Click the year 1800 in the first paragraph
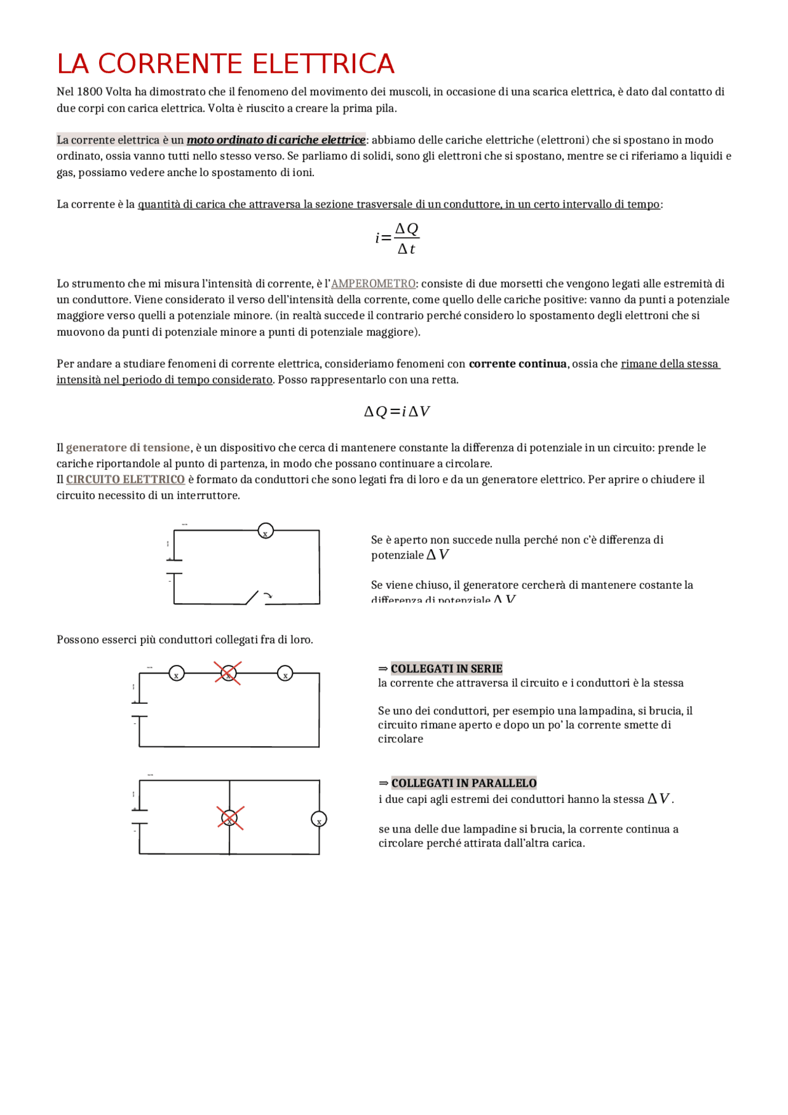coord(89,92)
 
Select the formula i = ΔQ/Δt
coord(397,238)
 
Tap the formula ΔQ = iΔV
coord(396,412)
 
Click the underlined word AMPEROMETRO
coord(373,284)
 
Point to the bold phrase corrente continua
coord(517,364)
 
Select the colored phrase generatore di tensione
coord(128,448)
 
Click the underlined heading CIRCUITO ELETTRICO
coord(126,480)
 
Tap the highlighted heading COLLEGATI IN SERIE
coord(446,669)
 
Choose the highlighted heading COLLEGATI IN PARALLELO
coord(464,783)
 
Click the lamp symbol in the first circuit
coord(265,531)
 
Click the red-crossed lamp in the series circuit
coord(228,674)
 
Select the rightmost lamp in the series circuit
coord(285,674)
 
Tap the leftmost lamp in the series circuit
coord(177,674)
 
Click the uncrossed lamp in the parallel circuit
coord(319,819)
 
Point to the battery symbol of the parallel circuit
coord(139,816)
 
